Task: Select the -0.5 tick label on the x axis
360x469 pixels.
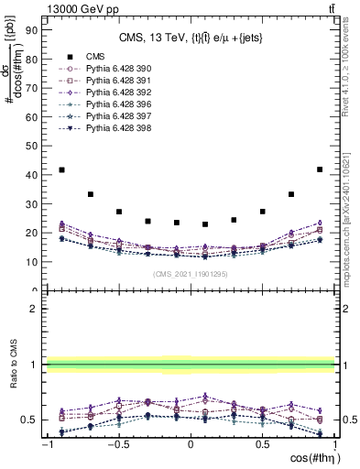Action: click(117, 444)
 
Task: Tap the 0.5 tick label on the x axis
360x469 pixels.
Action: click(262, 444)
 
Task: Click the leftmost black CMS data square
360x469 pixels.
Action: click(61, 169)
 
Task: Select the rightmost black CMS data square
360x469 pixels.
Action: click(320, 169)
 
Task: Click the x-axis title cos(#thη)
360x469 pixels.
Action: click(306, 458)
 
